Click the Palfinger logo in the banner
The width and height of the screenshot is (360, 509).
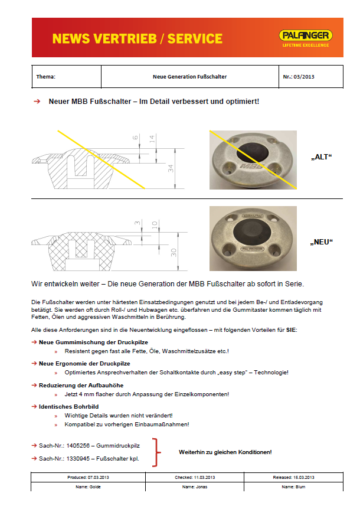click(x=306, y=37)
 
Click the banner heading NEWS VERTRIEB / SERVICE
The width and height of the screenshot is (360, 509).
click(x=137, y=39)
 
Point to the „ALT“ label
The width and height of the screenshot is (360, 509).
click(x=322, y=158)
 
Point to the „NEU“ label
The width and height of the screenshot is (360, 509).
click(x=322, y=242)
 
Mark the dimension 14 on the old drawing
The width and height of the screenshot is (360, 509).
click(x=152, y=139)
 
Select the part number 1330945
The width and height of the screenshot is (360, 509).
click(x=79, y=458)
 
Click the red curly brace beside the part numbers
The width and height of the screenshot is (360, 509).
click(x=156, y=452)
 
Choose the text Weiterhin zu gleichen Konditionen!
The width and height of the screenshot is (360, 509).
click(x=225, y=452)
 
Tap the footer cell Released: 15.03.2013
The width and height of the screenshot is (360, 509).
click(x=293, y=477)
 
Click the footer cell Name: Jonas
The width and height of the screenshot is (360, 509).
click(x=194, y=487)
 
